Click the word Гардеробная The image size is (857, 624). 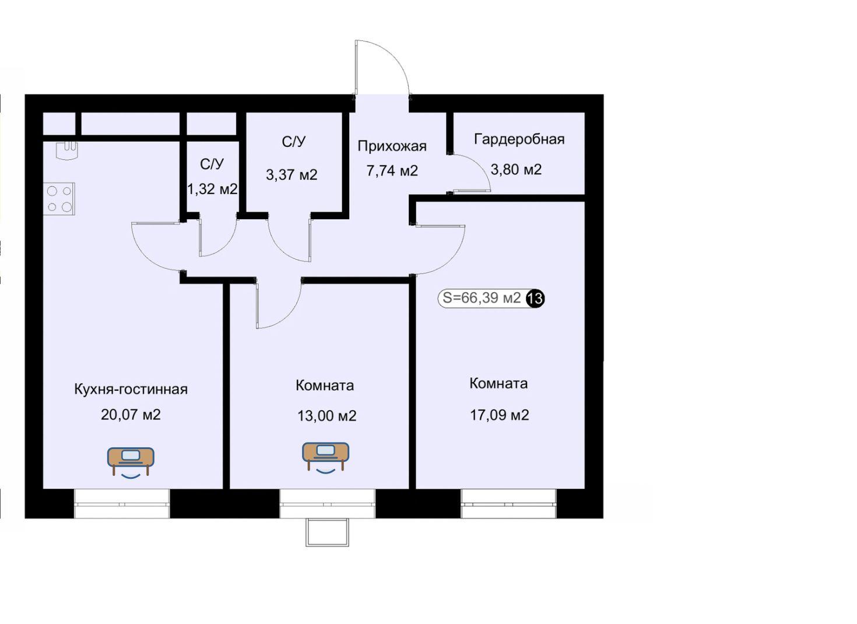click(519, 139)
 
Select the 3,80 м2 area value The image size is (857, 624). click(516, 169)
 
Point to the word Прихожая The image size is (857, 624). click(392, 146)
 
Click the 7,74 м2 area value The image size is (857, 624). click(392, 170)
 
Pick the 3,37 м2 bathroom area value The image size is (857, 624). click(291, 174)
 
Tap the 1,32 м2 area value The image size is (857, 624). click(212, 189)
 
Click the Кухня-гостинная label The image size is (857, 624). click(131, 389)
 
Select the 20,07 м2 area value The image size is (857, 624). click(131, 414)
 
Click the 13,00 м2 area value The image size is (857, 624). click(326, 415)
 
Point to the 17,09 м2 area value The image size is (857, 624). click(499, 415)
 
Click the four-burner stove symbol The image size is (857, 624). click(59, 198)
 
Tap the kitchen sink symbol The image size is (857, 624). click(66, 150)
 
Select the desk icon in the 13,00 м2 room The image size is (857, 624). click(325, 458)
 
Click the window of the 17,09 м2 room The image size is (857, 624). click(508, 503)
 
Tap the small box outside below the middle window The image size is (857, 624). click(327, 532)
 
